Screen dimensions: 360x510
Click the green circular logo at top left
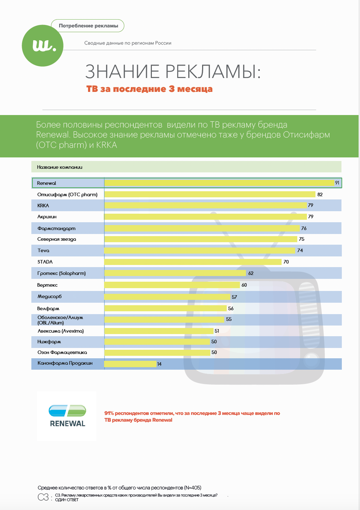pyautogui.click(x=43, y=46)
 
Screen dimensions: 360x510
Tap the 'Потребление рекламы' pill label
pyautogui.click(x=88, y=26)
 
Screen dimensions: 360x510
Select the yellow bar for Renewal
pyautogui.click(x=219, y=183)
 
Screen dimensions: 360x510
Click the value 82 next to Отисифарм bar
pyautogui.click(x=320, y=194)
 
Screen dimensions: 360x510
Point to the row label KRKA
pyautogui.click(x=43, y=205)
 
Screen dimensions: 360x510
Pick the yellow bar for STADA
pyautogui.click(x=193, y=262)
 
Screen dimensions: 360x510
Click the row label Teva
pyautogui.click(x=43, y=250)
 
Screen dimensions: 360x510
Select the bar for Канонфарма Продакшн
pyautogui.click(x=130, y=364)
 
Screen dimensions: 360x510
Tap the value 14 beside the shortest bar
pyautogui.click(x=159, y=364)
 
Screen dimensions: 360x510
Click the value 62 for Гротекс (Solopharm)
pyautogui.click(x=251, y=273)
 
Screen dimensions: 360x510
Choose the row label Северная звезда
pyautogui.click(x=57, y=239)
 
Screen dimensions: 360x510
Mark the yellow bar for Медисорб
pyautogui.click(x=167, y=297)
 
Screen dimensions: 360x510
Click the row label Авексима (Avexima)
pyautogui.click(x=61, y=331)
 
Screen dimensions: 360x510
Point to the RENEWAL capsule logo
pyautogui.click(x=67, y=416)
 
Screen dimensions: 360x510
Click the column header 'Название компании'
pyautogui.click(x=60, y=167)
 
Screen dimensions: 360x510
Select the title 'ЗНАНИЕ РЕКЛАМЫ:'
pyautogui.click(x=173, y=72)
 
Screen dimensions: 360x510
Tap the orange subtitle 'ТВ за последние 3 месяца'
pyautogui.click(x=149, y=89)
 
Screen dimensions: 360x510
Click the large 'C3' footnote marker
pyautogui.click(x=43, y=498)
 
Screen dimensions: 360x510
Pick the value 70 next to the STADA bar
pyautogui.click(x=286, y=262)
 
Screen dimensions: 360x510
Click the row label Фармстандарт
pyautogui.click(x=57, y=228)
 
